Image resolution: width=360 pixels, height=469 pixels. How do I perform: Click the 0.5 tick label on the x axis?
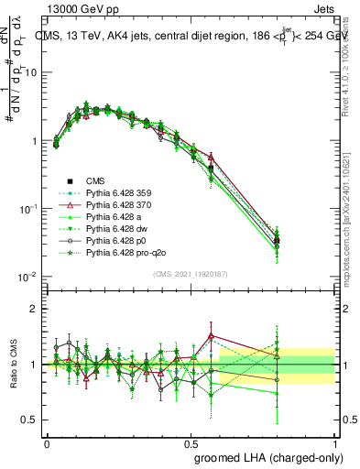click(x=191, y=442)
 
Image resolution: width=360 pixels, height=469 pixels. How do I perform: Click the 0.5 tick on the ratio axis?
click(x=30, y=420)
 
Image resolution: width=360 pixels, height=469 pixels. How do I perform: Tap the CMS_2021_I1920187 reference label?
click(x=191, y=274)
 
